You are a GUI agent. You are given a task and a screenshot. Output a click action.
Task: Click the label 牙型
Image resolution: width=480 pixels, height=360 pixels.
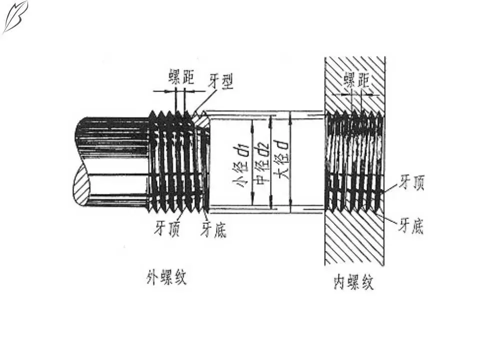click(x=221, y=80)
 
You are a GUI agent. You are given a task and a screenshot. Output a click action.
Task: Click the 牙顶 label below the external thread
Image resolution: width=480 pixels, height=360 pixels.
click(x=167, y=229)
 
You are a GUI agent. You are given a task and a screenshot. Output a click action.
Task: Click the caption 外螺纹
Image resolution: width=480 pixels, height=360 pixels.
click(x=166, y=277)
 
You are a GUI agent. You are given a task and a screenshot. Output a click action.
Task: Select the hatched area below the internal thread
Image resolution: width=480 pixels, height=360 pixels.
click(x=354, y=237)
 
